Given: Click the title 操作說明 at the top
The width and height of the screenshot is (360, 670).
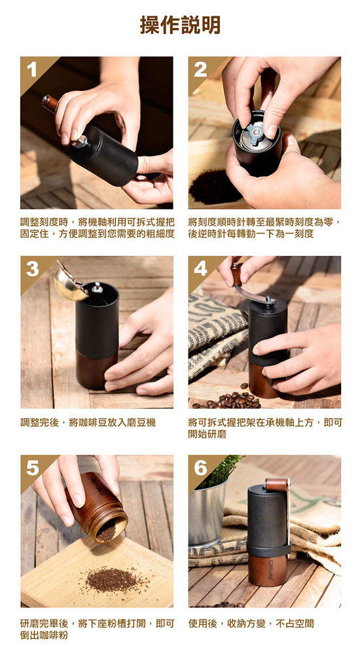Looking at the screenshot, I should (x=180, y=25).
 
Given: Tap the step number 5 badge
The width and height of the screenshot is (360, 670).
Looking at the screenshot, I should (x=31, y=467).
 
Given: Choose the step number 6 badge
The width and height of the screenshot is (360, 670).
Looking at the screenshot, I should (x=200, y=467).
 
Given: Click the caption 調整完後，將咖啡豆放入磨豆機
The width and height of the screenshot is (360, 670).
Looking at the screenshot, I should (x=88, y=423).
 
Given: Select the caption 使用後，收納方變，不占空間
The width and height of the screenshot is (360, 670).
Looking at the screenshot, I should (x=251, y=623).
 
